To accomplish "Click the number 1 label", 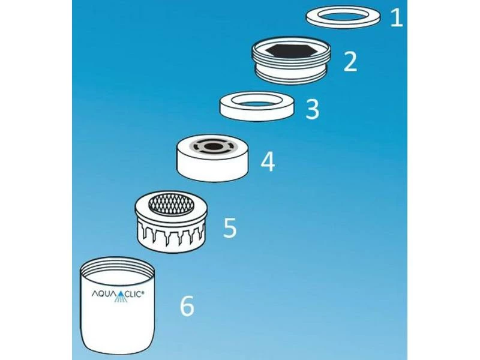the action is pos(397,17).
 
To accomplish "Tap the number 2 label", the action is pos(350,62).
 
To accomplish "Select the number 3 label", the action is pos(312,109).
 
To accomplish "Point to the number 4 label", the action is pos(268,162).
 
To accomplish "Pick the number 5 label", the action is pos(230,227).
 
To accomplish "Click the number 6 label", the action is pos(187,306).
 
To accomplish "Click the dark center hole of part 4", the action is pos(213,146).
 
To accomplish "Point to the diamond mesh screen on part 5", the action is pos(172,204).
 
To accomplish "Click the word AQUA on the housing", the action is pos(103,294).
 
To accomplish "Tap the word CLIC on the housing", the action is pos(134,294).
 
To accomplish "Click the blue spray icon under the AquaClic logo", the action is pos(121,297).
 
